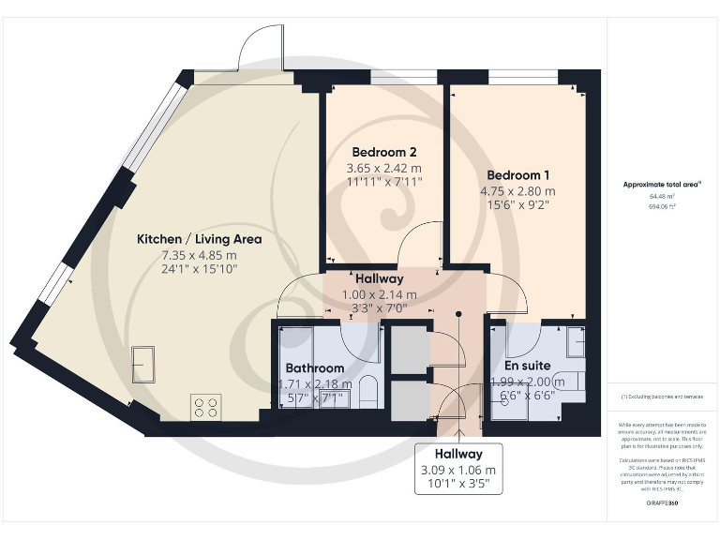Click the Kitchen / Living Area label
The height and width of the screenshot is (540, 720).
199,239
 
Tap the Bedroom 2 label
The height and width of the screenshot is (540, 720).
383,152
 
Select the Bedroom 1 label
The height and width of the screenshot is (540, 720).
517,175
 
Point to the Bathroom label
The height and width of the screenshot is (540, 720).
314,368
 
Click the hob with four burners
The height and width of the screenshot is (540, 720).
206,407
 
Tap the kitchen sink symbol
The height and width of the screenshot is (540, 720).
143,361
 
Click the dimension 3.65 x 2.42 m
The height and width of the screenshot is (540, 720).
383,168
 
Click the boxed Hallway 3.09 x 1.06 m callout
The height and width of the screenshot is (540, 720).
459,469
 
